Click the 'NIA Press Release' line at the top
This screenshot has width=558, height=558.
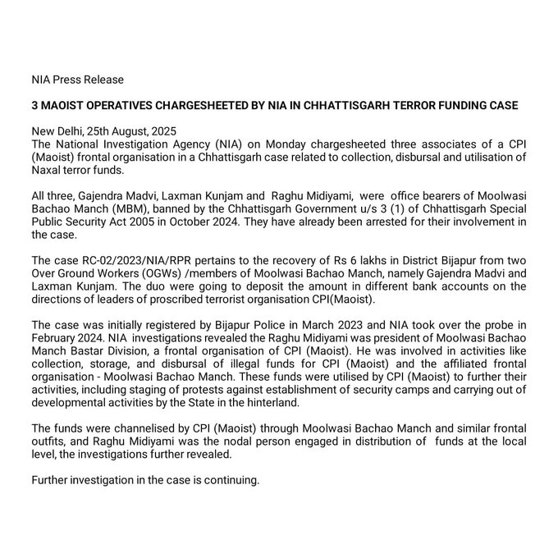coord(77,80)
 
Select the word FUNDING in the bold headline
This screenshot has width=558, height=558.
coord(461,106)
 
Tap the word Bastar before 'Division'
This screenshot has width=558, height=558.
coord(80,349)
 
